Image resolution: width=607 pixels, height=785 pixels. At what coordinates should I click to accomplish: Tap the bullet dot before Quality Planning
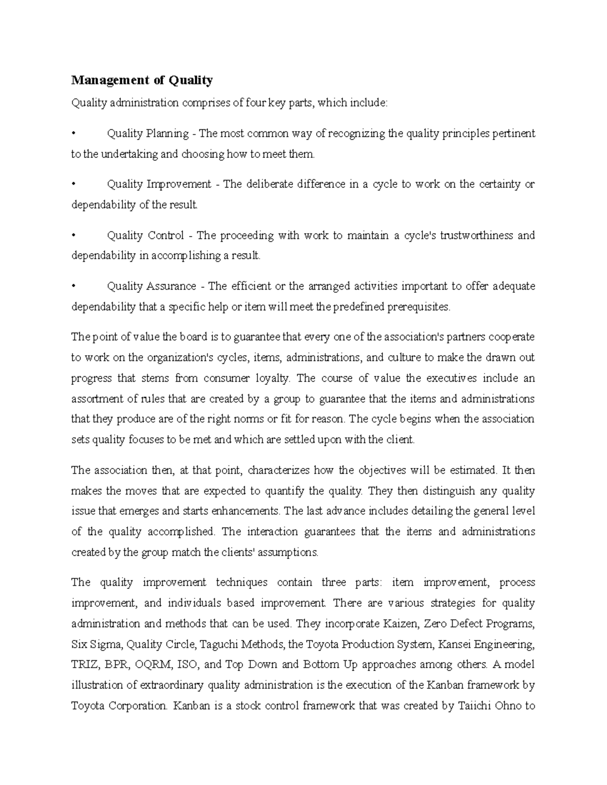point(74,133)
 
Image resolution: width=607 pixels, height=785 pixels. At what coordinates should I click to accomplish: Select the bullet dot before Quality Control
point(74,236)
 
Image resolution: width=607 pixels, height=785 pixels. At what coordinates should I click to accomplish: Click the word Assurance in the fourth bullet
point(171,286)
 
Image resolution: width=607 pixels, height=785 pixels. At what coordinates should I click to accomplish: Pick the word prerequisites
point(418,307)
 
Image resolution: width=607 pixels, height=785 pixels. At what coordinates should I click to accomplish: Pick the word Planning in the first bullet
point(167,133)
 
